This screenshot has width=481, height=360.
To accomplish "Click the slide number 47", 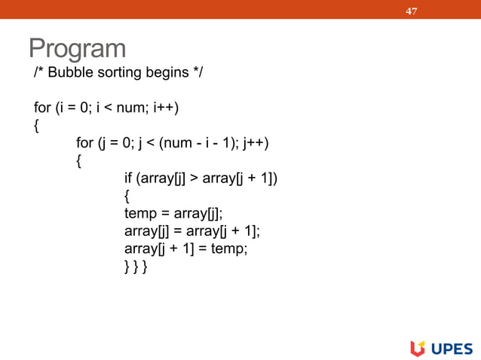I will pos(412,11).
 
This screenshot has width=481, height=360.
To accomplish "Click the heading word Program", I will pos(77,48).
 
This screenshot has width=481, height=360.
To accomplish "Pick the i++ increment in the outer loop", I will pos(165,108).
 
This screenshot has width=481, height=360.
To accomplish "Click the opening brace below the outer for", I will pos(37,126).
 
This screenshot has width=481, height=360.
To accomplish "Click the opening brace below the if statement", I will pos(127,195).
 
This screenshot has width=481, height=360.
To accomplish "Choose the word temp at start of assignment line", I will pos(139,213).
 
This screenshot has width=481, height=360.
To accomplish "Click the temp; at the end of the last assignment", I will pos(229,248).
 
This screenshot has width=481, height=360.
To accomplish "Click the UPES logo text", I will pos(452,348).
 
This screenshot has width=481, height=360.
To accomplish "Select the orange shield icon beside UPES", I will pos(418,348).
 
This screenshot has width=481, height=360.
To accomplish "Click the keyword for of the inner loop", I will pos(84,143).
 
